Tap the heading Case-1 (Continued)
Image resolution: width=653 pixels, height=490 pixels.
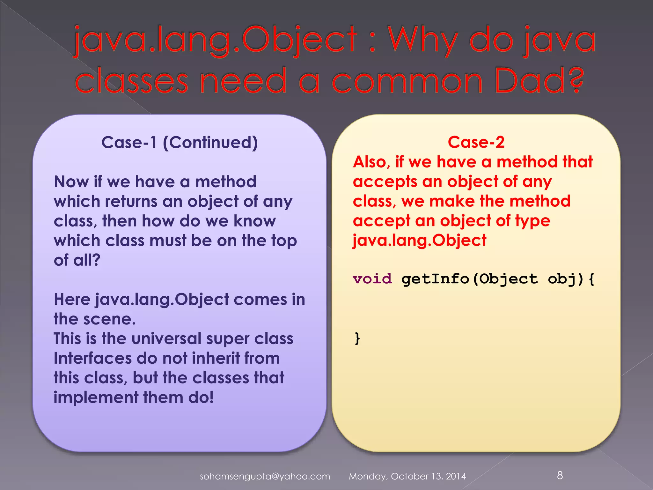pyautogui.click(x=180, y=142)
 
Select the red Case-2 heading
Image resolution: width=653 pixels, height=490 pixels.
pyautogui.click(x=476, y=142)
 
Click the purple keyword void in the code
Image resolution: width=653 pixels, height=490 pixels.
pyautogui.click(x=372, y=279)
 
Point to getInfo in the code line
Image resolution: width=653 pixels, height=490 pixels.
pyautogui.click(x=435, y=279)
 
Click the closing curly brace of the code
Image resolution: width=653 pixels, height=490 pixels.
pyautogui.click(x=357, y=338)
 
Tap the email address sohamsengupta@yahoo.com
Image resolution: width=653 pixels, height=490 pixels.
pyautogui.click(x=265, y=476)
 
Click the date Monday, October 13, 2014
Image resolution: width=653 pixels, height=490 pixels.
pyautogui.click(x=407, y=476)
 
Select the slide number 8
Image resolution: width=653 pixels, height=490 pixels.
pyautogui.click(x=560, y=475)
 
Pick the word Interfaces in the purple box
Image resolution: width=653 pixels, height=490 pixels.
pyautogui.click(x=92, y=358)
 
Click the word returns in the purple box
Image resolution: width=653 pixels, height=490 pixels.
pyautogui.click(x=131, y=201)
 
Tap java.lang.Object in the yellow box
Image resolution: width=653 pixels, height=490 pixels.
pyautogui.click(x=420, y=241)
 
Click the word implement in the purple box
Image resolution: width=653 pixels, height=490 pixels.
pyautogui.click(x=96, y=398)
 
